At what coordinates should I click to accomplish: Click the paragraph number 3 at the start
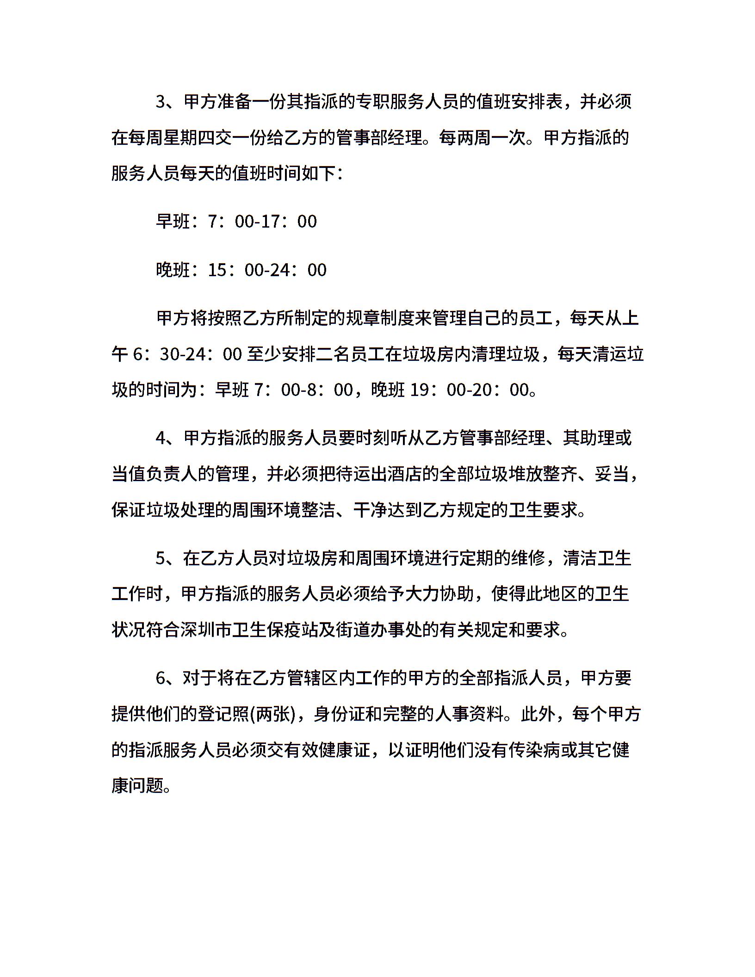tap(161, 102)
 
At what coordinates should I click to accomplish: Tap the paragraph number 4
tap(161, 438)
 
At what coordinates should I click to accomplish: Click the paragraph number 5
tap(161, 558)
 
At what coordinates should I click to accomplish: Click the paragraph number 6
tap(161, 678)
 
